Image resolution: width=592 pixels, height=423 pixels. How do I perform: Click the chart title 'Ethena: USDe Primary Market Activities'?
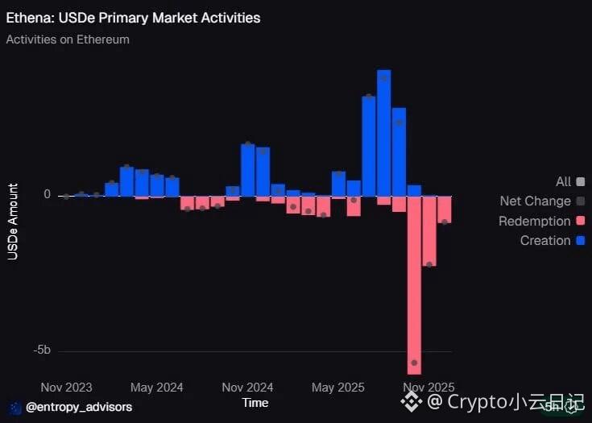(x=133, y=17)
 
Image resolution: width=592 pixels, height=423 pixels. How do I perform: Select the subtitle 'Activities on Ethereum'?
(x=68, y=39)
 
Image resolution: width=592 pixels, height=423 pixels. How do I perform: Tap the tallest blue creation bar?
(x=383, y=133)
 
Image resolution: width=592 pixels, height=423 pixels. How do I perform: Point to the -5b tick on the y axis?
(x=42, y=350)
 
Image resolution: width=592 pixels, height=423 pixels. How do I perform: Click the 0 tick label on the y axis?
(x=48, y=195)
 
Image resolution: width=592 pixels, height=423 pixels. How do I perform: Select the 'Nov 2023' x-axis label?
(x=66, y=388)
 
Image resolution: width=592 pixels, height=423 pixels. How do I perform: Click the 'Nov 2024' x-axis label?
(x=247, y=388)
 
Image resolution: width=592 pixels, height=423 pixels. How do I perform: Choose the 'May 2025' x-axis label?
(x=334, y=388)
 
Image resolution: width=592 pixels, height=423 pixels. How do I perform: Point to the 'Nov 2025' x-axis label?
(x=429, y=388)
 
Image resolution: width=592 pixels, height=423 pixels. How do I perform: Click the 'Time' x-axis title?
(x=255, y=402)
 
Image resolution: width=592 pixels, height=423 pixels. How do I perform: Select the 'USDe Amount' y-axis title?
(x=13, y=222)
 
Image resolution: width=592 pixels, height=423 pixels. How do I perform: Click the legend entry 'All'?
(x=563, y=182)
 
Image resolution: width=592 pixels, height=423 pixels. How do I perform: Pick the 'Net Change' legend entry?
(x=535, y=201)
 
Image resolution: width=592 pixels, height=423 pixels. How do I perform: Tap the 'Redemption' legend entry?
(x=534, y=221)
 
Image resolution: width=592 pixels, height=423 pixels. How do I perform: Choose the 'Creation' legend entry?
(x=545, y=240)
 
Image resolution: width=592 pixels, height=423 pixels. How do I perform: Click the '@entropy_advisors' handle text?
(x=79, y=407)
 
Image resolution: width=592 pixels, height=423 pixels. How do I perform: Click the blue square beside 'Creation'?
(x=581, y=240)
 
